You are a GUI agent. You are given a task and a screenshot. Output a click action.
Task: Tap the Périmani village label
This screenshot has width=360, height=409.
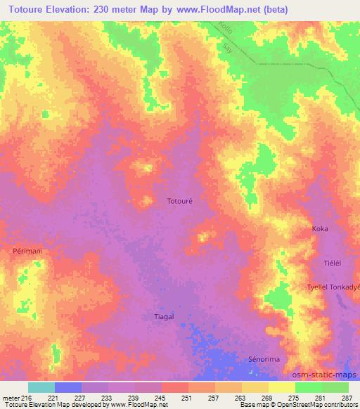27,250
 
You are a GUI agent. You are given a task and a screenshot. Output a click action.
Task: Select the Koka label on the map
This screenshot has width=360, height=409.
320,229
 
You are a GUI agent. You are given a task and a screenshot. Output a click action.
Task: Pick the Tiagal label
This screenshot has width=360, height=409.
164,316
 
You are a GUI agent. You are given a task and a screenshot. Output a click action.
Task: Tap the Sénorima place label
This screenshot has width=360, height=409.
264,359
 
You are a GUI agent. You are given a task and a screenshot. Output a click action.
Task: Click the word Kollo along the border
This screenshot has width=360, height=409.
226,30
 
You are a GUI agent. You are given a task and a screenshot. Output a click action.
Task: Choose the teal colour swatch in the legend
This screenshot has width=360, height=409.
41,387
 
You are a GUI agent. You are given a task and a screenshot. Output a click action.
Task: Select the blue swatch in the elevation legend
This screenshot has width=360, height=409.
68,387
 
